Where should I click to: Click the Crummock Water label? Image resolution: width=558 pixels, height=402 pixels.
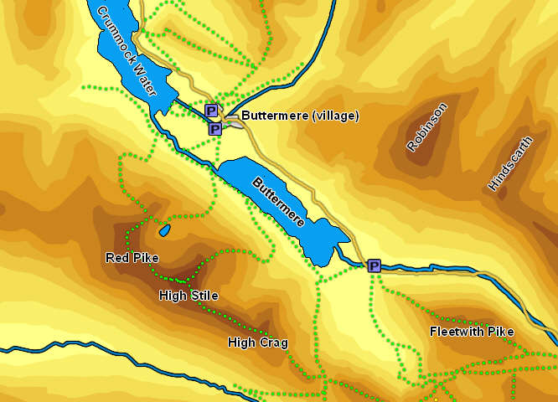click(127, 51)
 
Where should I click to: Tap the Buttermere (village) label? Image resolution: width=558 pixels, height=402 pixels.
click(300, 116)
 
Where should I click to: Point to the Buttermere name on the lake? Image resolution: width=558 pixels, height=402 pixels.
click(277, 203)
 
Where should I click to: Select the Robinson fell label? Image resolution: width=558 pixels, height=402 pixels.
click(427, 127)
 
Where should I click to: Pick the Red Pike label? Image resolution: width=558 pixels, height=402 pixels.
click(132, 258)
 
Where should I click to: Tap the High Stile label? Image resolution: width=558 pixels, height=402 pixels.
click(189, 296)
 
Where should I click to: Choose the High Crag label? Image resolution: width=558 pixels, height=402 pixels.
click(258, 343)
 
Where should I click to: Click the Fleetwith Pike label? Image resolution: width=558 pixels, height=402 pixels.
click(472, 332)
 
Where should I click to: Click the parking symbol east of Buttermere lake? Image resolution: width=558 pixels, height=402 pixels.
click(375, 266)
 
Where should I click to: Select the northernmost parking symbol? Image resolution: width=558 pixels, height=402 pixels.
click(211, 111)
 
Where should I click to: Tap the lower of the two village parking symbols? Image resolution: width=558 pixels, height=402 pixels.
click(215, 129)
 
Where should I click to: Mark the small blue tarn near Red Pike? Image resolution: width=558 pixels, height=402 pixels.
click(164, 229)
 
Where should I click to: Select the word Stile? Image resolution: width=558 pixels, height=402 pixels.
click(204, 296)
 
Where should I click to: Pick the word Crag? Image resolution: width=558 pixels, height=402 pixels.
click(273, 343)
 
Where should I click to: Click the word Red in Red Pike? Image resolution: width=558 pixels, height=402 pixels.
click(116, 258)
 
